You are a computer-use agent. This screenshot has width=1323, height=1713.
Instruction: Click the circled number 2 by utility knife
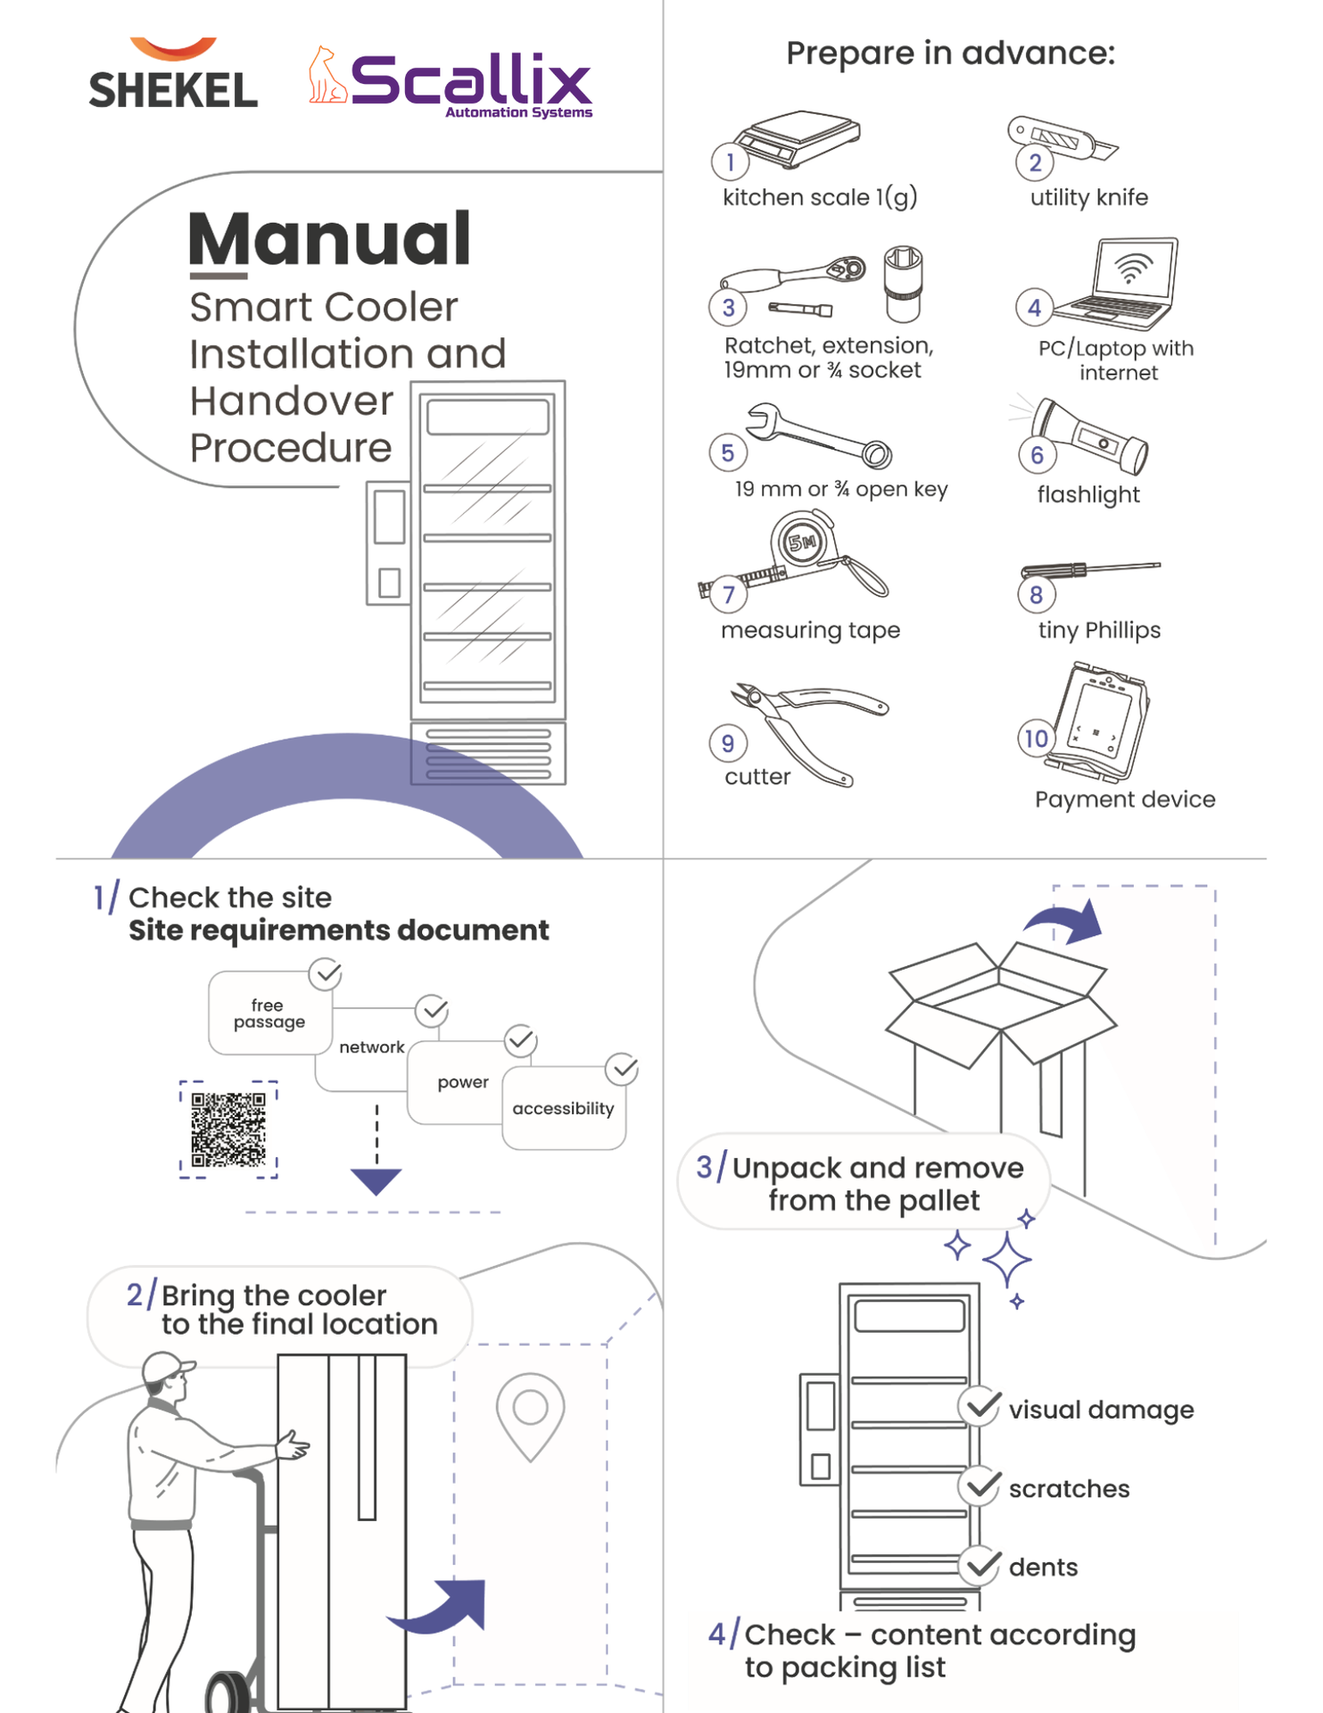pos(1034,162)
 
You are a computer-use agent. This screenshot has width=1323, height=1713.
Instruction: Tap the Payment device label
pos(1124,799)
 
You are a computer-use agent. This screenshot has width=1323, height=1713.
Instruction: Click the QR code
pos(228,1130)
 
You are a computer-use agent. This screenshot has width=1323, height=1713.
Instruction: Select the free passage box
pos(269,1014)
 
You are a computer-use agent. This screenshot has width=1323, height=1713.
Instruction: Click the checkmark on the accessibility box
pos(622,1068)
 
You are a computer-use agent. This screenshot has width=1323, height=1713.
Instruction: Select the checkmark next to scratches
pos(980,1485)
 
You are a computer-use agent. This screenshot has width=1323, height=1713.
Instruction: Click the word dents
pos(1043,1568)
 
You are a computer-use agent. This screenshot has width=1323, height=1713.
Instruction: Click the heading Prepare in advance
pos(950,54)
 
